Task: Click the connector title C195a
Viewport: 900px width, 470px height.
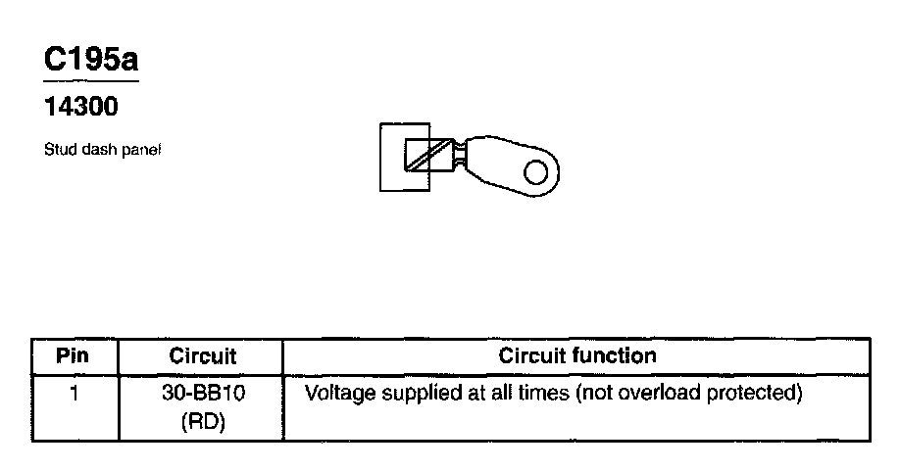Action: (x=91, y=60)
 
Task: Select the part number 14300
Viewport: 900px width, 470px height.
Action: (x=81, y=107)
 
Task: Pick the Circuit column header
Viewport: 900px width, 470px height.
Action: (x=203, y=356)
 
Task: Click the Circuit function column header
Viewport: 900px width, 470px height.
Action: (x=577, y=355)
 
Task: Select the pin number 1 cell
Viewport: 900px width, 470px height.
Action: (x=74, y=395)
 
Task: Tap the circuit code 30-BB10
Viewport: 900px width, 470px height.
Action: (x=202, y=395)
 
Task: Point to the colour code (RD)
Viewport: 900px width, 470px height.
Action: (x=202, y=424)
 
